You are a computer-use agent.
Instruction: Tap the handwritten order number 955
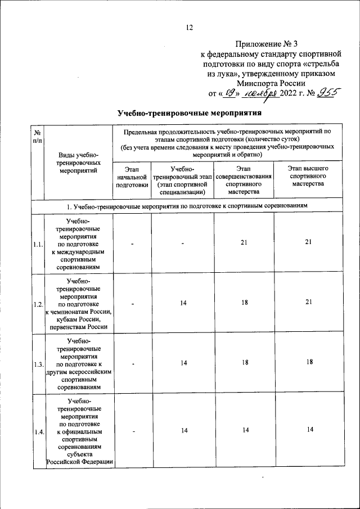coord(325,93)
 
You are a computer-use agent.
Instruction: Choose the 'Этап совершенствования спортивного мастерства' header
coord(244,180)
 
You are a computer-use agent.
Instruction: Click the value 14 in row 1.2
coord(183,303)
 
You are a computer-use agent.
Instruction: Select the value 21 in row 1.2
coord(308,302)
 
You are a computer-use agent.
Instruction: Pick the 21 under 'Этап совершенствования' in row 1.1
coord(244,242)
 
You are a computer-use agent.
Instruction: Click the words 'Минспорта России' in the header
coord(271,83)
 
